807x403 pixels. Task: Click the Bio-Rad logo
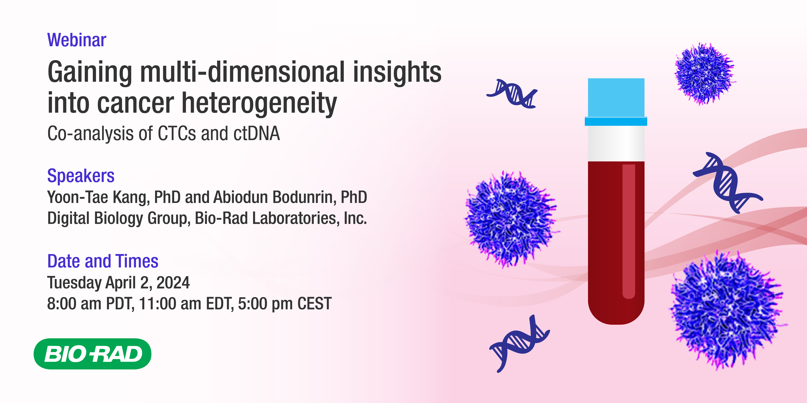click(92, 354)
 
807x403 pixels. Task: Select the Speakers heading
click(81, 176)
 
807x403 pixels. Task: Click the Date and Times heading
click(103, 261)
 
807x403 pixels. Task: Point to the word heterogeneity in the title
click(259, 103)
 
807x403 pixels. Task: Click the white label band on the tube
click(616, 143)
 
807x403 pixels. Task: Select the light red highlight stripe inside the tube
click(628, 231)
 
